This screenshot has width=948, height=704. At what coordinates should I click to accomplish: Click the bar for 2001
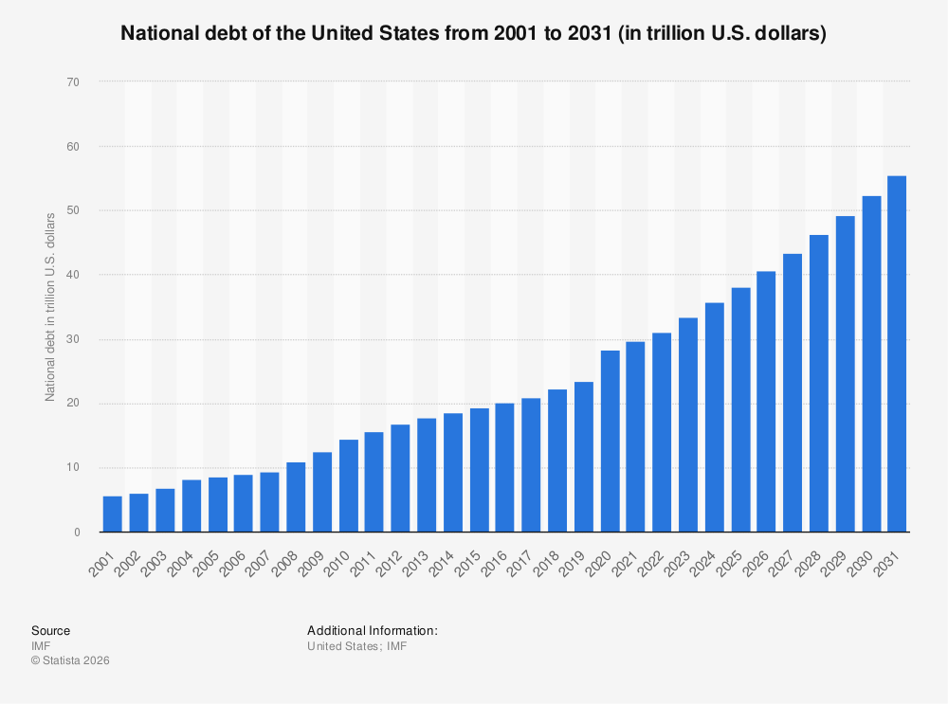tap(112, 514)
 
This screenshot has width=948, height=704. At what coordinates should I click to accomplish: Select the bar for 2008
tap(296, 497)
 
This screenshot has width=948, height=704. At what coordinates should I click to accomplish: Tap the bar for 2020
tap(610, 442)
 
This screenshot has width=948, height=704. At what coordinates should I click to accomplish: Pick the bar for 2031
tap(897, 354)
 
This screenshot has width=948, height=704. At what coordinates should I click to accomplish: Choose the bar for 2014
tap(452, 473)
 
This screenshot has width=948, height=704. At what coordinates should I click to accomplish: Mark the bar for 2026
tap(766, 402)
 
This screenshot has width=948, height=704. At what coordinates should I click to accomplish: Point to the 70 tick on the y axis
tap(73, 82)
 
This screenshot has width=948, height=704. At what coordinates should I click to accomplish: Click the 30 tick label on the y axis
tap(73, 339)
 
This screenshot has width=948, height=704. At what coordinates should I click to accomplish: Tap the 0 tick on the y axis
tap(76, 533)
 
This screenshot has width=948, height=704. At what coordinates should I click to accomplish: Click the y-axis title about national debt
tap(50, 307)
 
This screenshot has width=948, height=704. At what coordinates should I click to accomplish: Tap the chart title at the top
tap(474, 33)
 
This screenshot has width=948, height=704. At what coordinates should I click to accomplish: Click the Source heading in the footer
tap(50, 630)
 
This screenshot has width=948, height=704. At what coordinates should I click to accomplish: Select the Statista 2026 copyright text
tap(70, 660)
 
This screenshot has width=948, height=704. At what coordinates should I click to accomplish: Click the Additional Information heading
tap(372, 630)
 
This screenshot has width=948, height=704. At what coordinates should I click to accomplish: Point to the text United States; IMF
tap(356, 645)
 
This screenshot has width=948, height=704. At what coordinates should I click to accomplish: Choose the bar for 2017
tap(531, 465)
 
